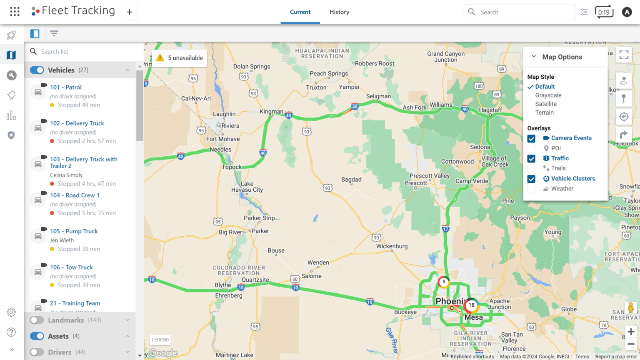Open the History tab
point(339,12)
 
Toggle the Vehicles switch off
point(37,70)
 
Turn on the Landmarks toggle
point(37,320)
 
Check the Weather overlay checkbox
point(531,189)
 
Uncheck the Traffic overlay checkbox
point(531,159)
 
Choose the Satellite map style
point(546,104)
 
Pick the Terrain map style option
point(544,112)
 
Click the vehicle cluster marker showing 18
point(471,305)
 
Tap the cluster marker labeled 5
point(444,282)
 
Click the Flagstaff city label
point(490,110)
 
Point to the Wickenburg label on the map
point(392,246)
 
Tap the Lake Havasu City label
point(247,187)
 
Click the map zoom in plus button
point(631,332)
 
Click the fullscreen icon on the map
point(624,55)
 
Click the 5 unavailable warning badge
point(180,58)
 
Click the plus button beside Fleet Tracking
point(130,12)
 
